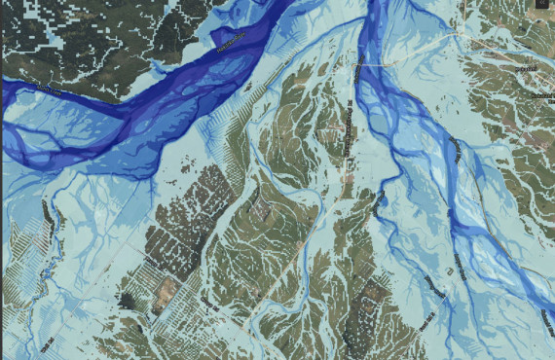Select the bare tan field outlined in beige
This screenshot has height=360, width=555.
(x=165, y=291)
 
